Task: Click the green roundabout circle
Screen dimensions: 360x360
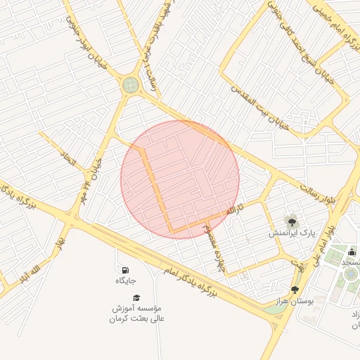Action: (131, 85)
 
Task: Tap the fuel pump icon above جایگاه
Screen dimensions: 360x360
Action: (125, 270)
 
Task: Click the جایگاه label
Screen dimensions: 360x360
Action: (125, 281)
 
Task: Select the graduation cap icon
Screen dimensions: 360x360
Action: (136, 298)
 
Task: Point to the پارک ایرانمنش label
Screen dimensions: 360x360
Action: (292, 232)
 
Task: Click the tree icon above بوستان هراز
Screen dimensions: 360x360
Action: (295, 290)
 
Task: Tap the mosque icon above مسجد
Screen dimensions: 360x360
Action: (352, 252)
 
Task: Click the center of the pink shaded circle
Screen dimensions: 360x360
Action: (180, 179)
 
